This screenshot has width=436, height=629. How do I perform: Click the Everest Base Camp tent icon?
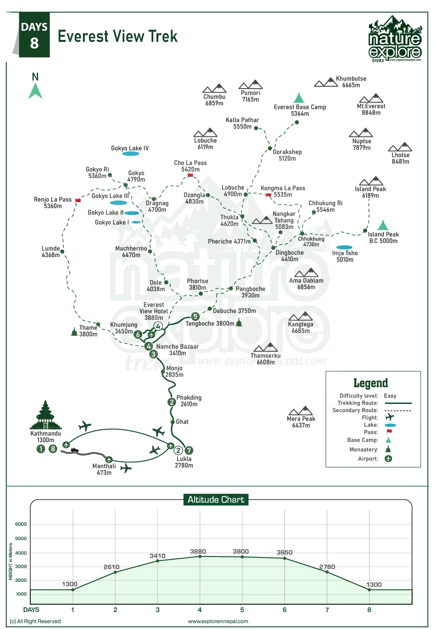[x=299, y=98]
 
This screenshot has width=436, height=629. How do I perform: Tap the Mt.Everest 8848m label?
[x=371, y=109]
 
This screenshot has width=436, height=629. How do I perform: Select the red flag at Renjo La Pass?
[x=78, y=201]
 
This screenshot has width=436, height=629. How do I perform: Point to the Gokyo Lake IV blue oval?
[x=131, y=154]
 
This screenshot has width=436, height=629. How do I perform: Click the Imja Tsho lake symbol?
[x=344, y=247]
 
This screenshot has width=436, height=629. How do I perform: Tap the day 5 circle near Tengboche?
[x=196, y=316]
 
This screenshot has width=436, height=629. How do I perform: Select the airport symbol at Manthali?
[x=109, y=459]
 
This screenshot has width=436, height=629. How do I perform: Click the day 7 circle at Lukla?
[x=189, y=450]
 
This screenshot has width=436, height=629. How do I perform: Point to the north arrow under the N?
[x=35, y=90]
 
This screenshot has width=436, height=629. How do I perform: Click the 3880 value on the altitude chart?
[x=198, y=551]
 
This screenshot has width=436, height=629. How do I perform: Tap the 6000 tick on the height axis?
[x=21, y=524]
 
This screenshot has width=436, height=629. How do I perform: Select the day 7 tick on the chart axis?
[x=327, y=610]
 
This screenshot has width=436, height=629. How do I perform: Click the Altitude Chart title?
[x=216, y=500]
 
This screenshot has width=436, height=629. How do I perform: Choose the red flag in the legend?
[x=389, y=432]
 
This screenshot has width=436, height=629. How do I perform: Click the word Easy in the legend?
[x=390, y=396]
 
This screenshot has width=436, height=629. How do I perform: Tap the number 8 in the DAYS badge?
[x=34, y=44]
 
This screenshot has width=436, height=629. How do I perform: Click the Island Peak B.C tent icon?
[x=383, y=225]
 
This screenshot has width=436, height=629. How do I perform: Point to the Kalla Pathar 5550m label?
[x=242, y=123]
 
